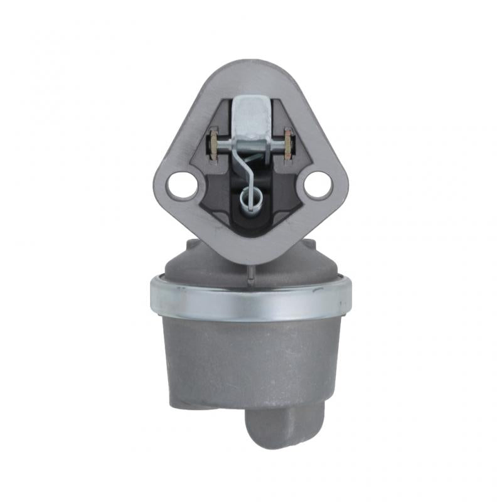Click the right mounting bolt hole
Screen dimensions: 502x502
[x=318, y=184]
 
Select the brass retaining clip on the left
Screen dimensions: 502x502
[x=213, y=144]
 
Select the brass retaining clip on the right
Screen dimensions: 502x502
[x=289, y=144]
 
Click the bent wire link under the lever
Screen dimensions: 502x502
[x=247, y=169]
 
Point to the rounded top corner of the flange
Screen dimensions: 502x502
[x=251, y=69]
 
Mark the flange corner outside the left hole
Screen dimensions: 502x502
[x=161, y=186]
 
